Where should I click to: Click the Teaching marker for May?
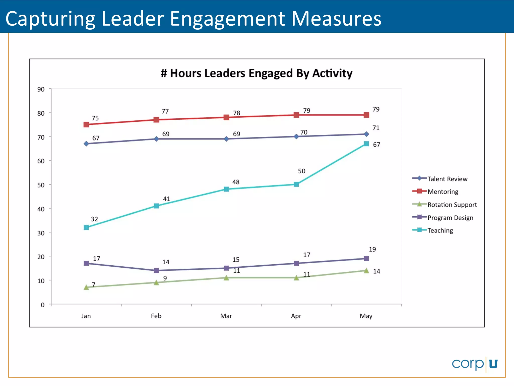coord(366,144)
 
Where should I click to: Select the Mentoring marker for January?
coord(86,124)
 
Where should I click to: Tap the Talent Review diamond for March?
coord(226,139)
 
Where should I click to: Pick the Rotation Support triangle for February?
coord(156,283)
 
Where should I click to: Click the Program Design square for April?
coord(296,263)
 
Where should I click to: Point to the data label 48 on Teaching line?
coord(236,182)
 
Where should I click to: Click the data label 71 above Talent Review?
coord(376,128)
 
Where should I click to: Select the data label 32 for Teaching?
coord(94,219)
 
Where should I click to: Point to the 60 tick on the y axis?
coord(41,161)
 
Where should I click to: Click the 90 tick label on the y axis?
coord(41,89)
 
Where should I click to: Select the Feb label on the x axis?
coord(156,316)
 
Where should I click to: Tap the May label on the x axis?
coord(366,316)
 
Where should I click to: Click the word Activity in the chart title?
coord(332,73)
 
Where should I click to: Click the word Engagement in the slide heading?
coord(227,19)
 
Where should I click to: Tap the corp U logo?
coord(474,364)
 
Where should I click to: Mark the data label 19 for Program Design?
coord(372,249)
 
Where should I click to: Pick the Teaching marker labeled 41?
coord(156,206)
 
